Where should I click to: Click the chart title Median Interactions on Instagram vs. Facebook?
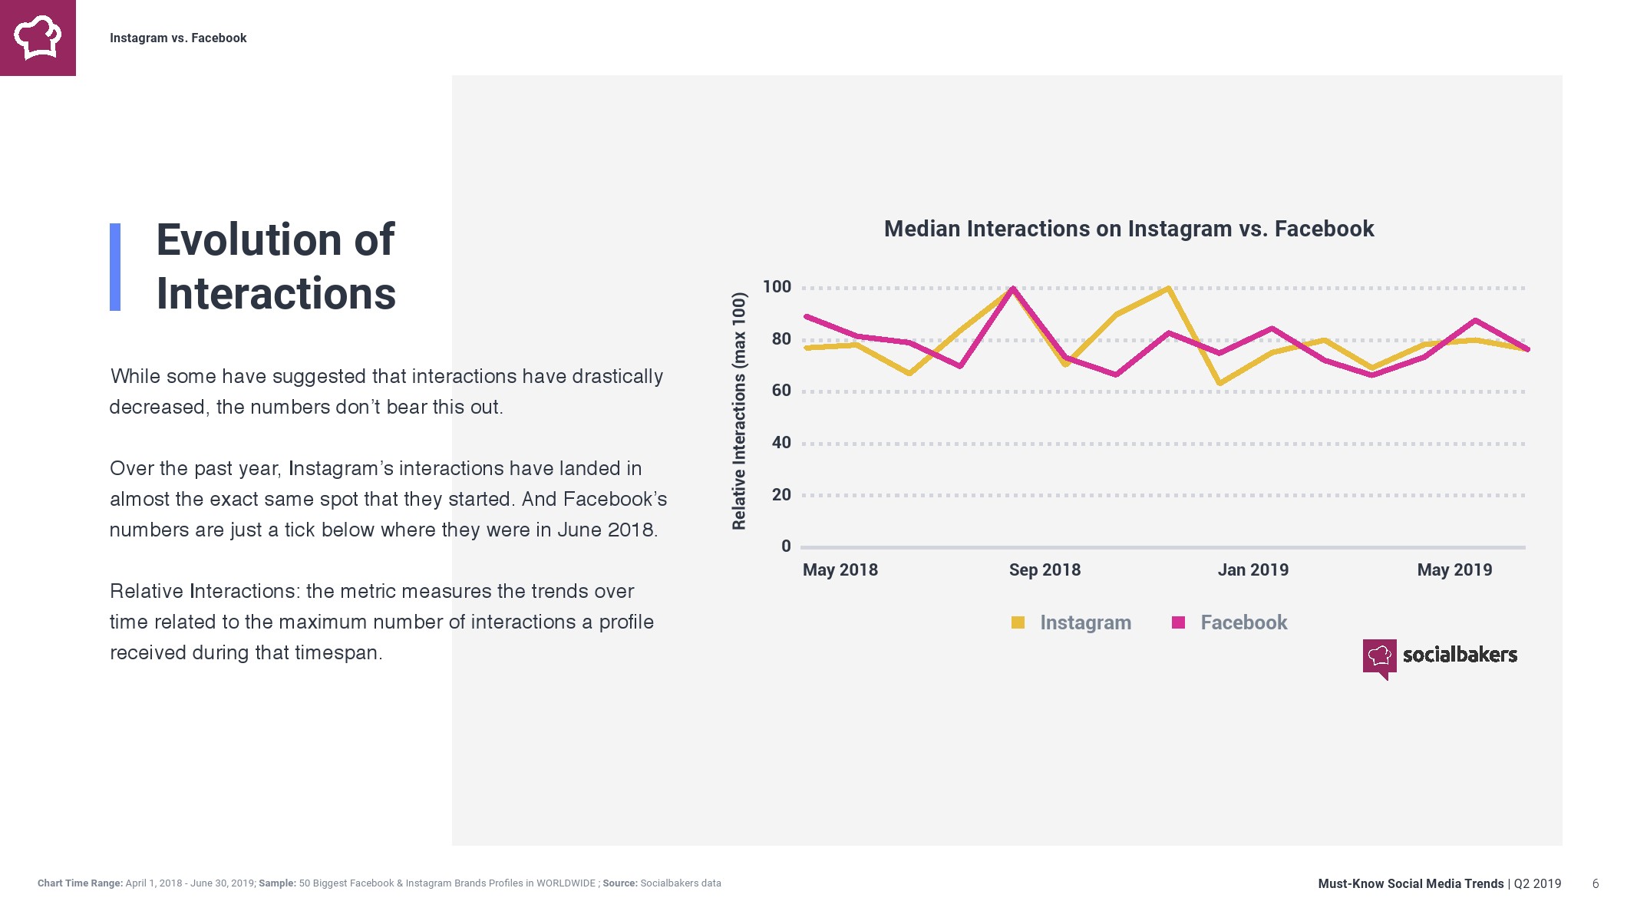(1128, 229)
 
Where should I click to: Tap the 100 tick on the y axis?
(777, 287)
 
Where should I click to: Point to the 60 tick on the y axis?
(781, 391)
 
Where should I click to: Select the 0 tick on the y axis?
(786, 546)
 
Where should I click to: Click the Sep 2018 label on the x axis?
(1045, 570)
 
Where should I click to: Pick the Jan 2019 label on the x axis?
(1253, 570)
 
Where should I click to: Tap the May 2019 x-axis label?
(1454, 570)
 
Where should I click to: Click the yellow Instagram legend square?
(1018, 622)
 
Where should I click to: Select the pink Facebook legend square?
(1179, 622)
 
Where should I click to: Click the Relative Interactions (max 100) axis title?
(739, 411)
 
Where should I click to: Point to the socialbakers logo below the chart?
(1440, 656)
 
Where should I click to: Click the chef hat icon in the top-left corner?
(38, 38)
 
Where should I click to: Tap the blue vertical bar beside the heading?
(115, 267)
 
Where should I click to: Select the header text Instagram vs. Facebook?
(178, 38)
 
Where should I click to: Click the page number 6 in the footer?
(1596, 883)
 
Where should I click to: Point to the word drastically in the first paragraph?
(617, 376)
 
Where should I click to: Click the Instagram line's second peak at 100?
(1168, 289)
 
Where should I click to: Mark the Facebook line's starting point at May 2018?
(807, 316)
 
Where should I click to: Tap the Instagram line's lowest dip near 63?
(1219, 383)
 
